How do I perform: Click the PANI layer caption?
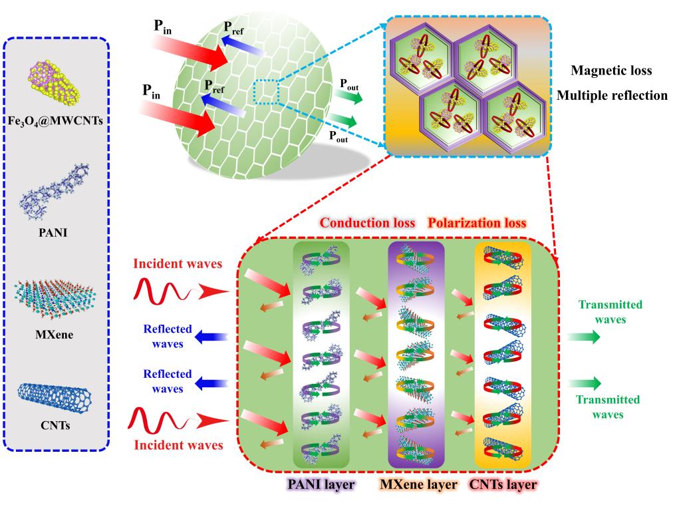pyautogui.click(x=321, y=484)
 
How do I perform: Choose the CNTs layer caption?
pyautogui.click(x=503, y=484)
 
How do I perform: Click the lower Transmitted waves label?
pyautogui.click(x=609, y=407)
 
